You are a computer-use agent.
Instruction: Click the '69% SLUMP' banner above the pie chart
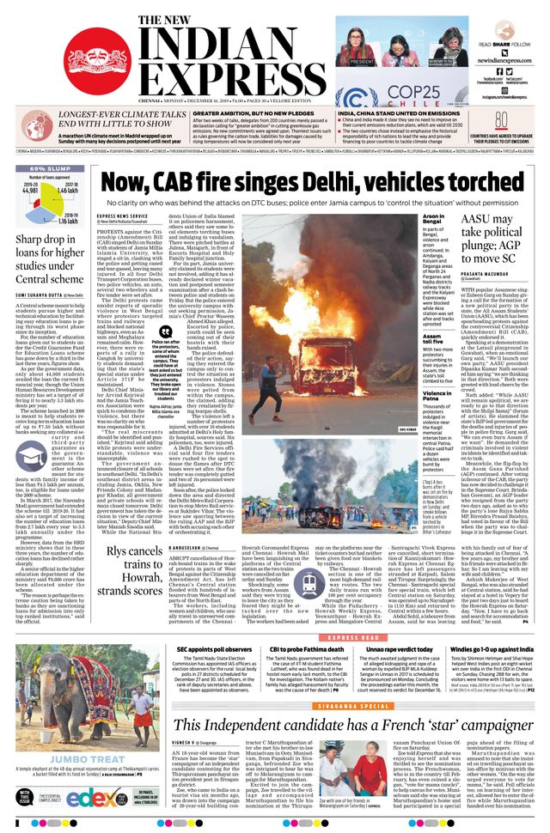[51, 168]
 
